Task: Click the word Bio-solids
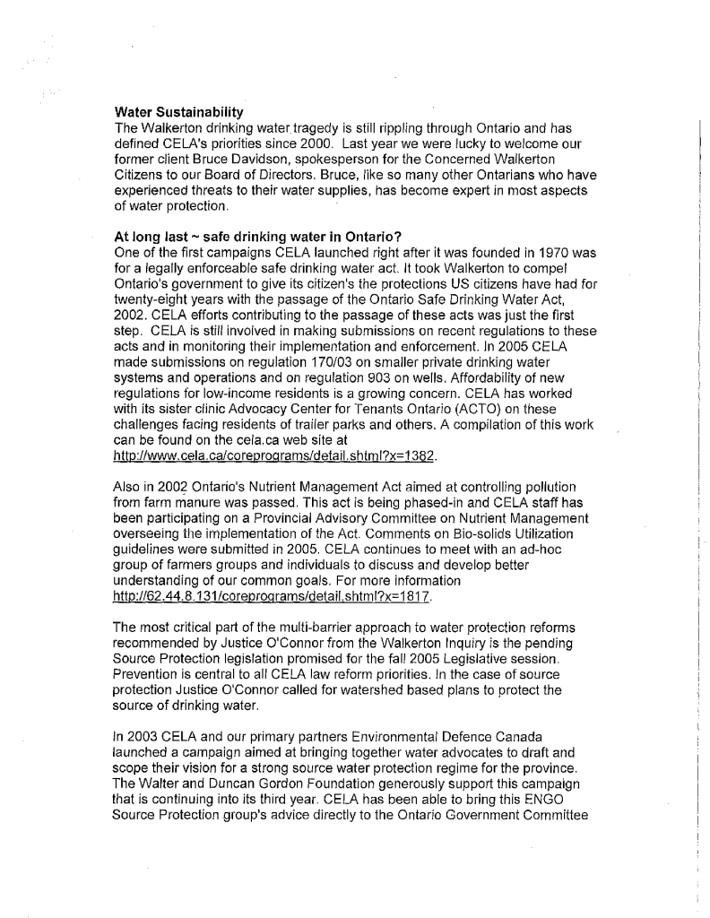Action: coord(465,526)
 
